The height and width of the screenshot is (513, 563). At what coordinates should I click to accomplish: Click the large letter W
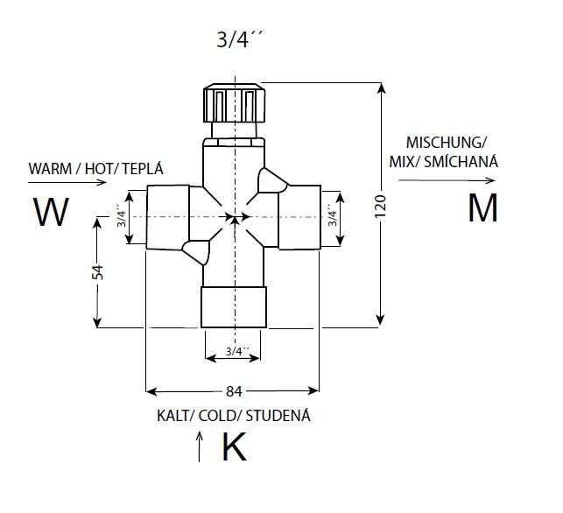[x=51, y=212]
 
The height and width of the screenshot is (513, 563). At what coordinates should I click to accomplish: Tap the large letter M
[x=483, y=207]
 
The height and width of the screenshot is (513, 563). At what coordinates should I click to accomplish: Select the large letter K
[x=235, y=446]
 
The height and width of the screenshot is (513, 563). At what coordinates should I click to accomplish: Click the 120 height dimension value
[x=380, y=206]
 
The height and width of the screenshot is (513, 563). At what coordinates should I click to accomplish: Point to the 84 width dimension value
[x=234, y=391]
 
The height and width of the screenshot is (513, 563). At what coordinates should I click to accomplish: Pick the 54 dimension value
[x=97, y=272]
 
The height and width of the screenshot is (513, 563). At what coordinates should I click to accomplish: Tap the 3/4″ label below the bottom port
[x=237, y=351]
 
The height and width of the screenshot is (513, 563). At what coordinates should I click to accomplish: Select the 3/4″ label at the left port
[x=122, y=216]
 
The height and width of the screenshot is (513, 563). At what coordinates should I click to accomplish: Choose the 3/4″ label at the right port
[x=333, y=215]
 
